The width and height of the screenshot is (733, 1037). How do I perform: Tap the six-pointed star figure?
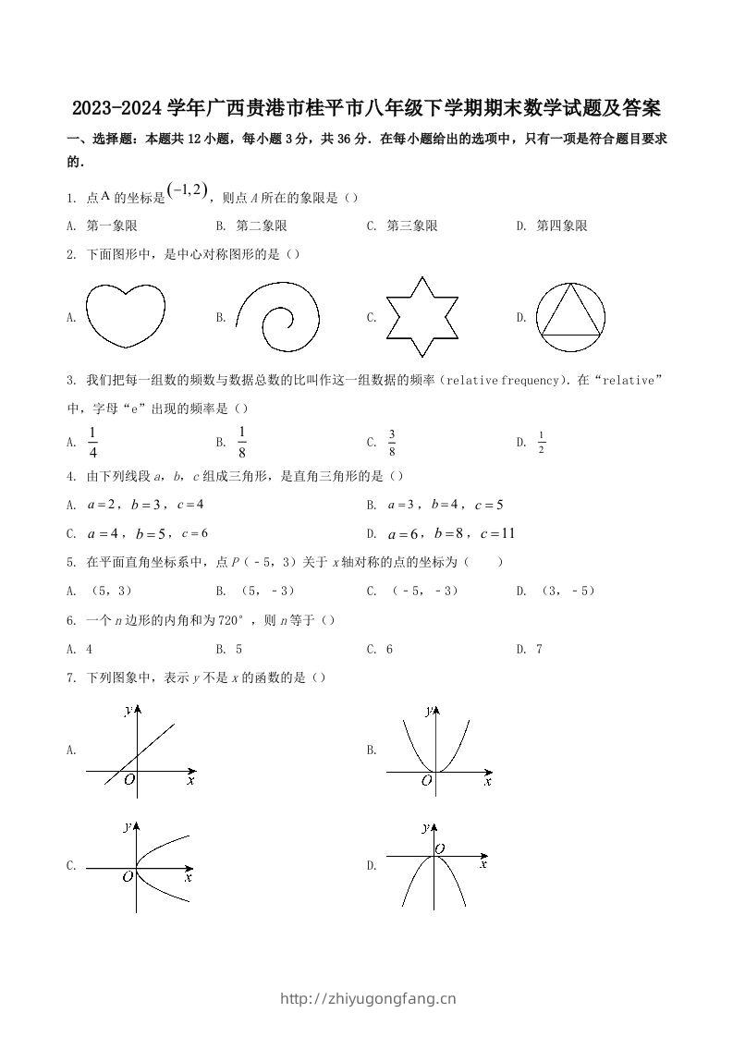tap(421, 316)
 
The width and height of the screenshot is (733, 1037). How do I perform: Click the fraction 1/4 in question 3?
tap(92, 442)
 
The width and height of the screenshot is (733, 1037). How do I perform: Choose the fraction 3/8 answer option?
tap(392, 443)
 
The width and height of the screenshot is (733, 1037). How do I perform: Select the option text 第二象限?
tap(262, 226)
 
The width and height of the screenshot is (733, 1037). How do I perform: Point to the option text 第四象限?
tap(562, 226)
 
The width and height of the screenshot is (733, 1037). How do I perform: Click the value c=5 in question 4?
tap(488, 505)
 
